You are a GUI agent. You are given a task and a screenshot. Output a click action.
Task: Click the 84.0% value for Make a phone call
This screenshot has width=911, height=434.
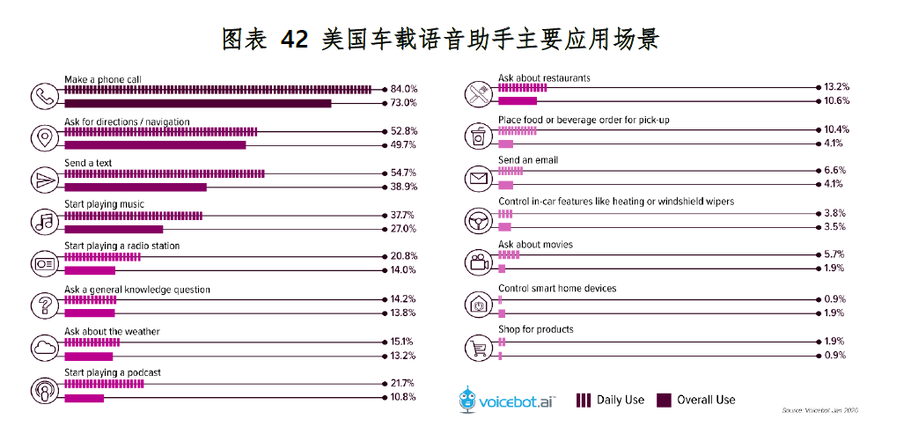click(x=403, y=89)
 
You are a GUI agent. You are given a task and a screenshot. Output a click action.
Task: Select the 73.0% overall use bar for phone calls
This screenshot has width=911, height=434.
click(x=197, y=103)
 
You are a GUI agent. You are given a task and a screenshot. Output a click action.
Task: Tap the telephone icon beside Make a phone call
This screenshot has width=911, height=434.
click(x=43, y=95)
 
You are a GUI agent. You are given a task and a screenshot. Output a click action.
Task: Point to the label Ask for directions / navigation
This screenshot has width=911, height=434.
click(x=127, y=121)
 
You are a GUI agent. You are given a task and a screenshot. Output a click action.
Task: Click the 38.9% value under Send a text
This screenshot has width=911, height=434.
click(x=403, y=188)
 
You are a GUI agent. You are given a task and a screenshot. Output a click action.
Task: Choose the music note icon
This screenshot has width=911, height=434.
click(x=43, y=221)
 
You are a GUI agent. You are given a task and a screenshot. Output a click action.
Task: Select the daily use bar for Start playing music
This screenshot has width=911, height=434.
click(x=133, y=215)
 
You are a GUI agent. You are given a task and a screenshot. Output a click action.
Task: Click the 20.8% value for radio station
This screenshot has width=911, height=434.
click(x=403, y=255)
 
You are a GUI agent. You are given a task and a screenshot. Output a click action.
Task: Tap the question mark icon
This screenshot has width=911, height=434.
click(x=43, y=305)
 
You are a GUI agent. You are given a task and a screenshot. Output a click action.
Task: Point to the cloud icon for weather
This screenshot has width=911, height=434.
click(x=43, y=347)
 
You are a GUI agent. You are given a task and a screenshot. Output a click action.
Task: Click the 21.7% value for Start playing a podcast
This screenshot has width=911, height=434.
click(x=403, y=384)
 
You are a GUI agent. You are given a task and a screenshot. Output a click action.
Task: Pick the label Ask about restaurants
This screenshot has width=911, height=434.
click(x=544, y=78)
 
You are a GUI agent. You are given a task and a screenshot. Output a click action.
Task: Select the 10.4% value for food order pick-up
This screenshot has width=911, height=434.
click(x=834, y=129)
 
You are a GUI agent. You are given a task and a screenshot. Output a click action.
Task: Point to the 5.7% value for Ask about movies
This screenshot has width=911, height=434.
click(x=834, y=254)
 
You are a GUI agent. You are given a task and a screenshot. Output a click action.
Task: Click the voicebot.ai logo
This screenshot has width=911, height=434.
click(x=507, y=400)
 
